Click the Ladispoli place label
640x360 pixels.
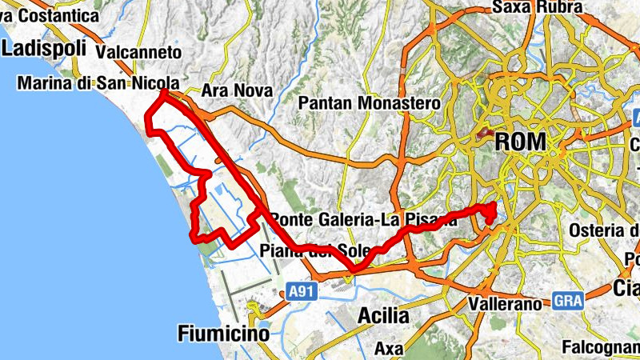pos(43,48)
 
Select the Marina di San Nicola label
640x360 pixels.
pos(96,83)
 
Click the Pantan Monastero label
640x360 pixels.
pos(369,103)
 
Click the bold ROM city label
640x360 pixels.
pos(521,142)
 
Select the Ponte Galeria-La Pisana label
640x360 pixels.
pos(364,219)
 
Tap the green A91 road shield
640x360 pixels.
pos(299,293)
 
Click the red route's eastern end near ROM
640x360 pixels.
pos(490,210)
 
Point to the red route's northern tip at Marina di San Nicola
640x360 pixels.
pos(163,93)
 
